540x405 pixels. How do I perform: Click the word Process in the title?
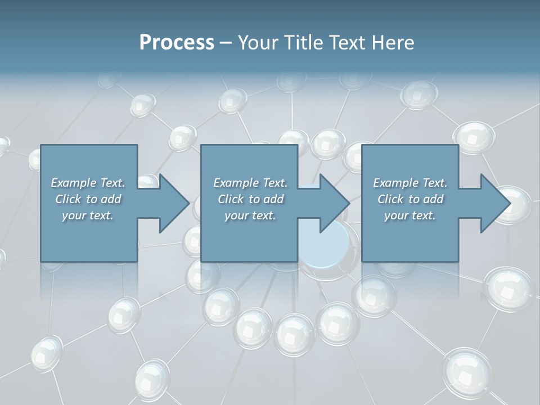pyautogui.click(x=177, y=43)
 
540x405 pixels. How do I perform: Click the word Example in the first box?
pyautogui.click(x=74, y=183)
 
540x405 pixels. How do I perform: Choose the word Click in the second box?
pyautogui.click(x=230, y=199)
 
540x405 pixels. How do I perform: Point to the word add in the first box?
pyautogui.click(x=111, y=199)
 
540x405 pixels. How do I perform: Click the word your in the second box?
pyautogui.click(x=236, y=215)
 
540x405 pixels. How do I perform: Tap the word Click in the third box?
pyautogui.click(x=390, y=199)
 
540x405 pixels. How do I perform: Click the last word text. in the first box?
pyautogui.click(x=101, y=215)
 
